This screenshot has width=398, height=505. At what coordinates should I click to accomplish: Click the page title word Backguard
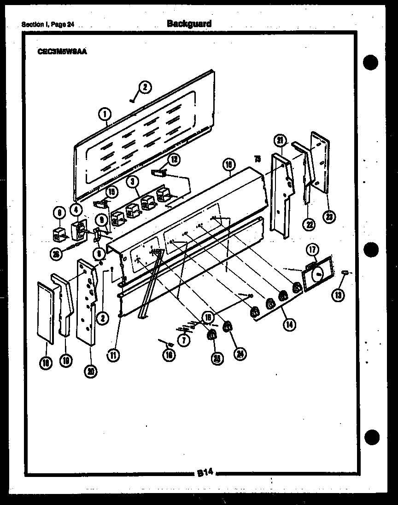tap(189, 23)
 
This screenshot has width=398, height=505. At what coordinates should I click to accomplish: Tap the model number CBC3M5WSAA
tap(62, 52)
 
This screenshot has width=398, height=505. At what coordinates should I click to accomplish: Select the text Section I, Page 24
tap(47, 25)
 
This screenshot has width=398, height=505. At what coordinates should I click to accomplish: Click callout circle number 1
tap(105, 112)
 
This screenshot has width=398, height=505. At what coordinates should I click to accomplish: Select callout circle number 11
tap(113, 354)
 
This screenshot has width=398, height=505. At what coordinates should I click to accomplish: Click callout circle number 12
tap(174, 160)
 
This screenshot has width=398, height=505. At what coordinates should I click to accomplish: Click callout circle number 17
tap(312, 250)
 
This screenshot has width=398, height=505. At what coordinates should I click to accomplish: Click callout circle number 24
tap(239, 353)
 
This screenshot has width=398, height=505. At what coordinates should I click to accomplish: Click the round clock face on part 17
tap(317, 275)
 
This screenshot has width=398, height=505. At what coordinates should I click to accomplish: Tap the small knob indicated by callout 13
tap(345, 274)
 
